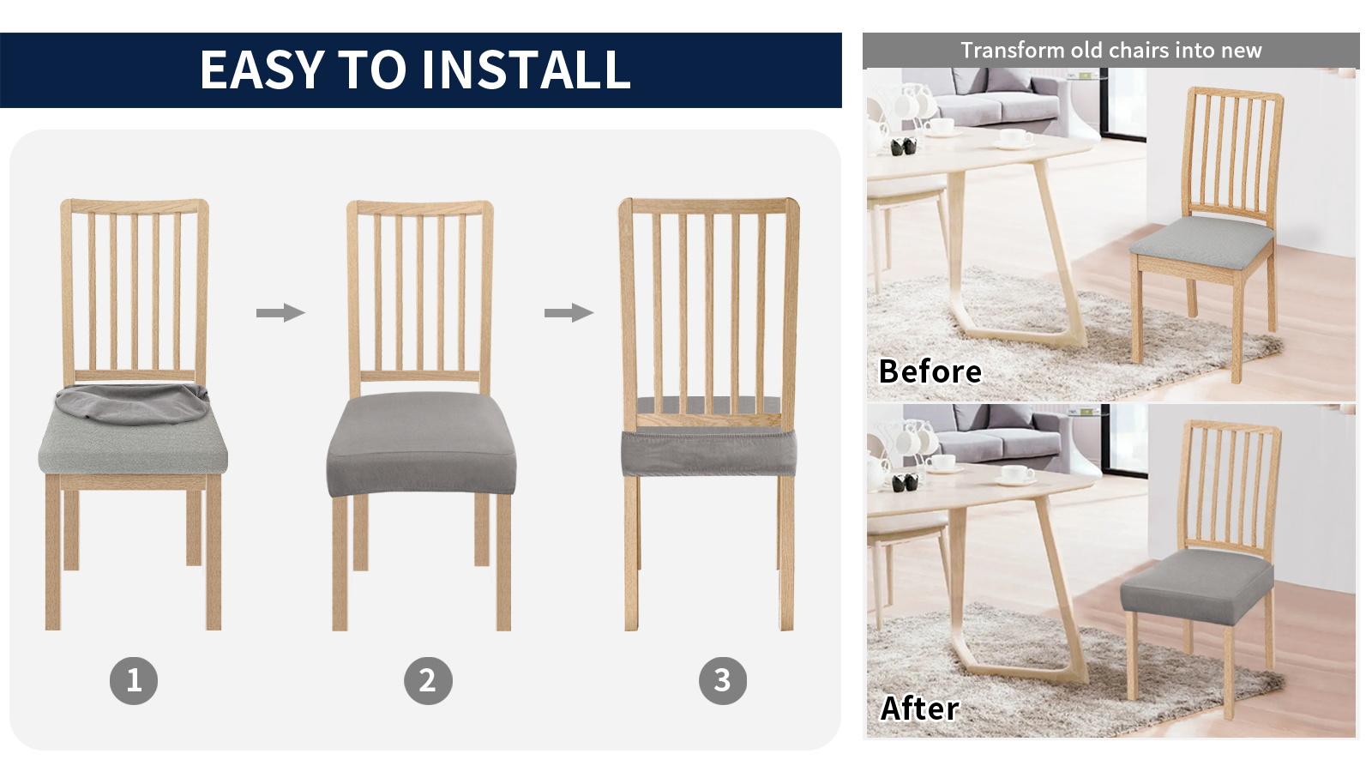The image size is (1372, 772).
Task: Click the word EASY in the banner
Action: click(x=262, y=70)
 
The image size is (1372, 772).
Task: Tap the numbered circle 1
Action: click(x=134, y=680)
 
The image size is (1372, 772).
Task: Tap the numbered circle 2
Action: click(x=428, y=680)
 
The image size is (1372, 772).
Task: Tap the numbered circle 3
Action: click(x=722, y=680)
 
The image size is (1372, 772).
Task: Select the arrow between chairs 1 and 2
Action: click(x=280, y=312)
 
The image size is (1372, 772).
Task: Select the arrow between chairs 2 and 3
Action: click(x=569, y=312)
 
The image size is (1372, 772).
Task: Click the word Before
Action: click(x=930, y=371)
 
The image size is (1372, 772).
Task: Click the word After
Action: click(x=919, y=709)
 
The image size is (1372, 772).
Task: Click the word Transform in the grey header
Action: click(x=1012, y=50)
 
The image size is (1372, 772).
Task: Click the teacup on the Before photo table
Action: click(x=1016, y=137)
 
